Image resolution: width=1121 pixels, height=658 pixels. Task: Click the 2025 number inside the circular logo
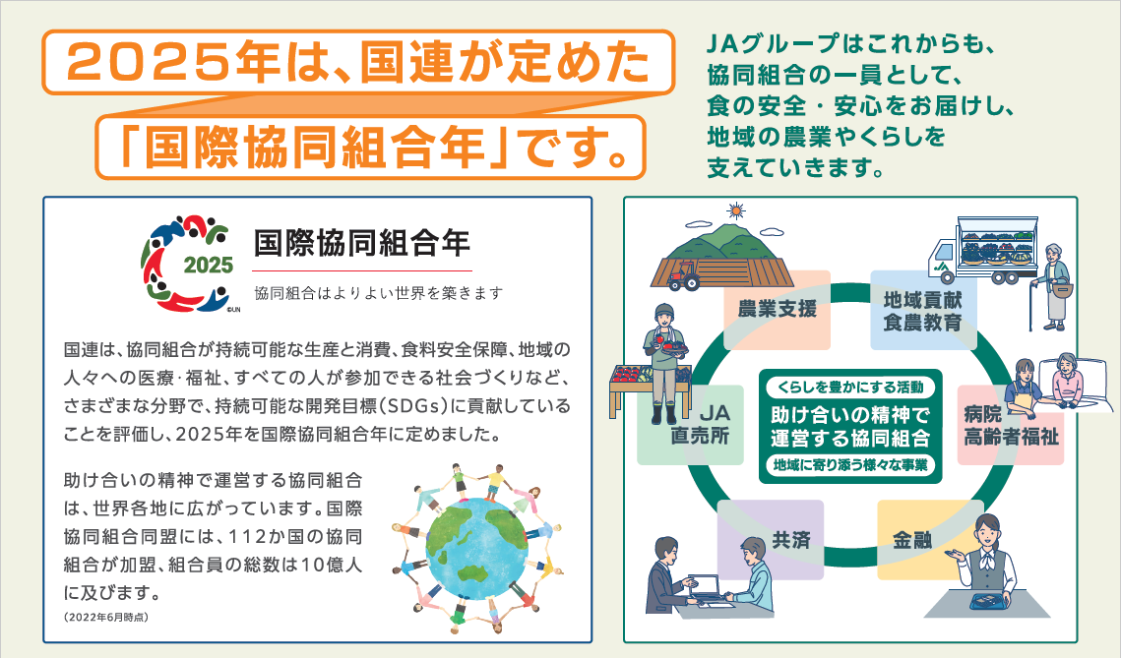pos(209,265)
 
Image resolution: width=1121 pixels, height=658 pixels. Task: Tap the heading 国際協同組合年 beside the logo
pos(362,243)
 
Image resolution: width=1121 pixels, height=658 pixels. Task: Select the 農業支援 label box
pos(778,310)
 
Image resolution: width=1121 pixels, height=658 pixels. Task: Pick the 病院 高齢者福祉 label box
pos(1011,425)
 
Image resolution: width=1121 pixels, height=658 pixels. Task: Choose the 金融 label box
pos(912,539)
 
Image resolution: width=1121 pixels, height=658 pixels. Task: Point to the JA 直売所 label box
pos(691,425)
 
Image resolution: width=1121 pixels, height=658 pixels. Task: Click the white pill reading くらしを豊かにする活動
pos(850,388)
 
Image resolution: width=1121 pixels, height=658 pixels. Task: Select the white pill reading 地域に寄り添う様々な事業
pos(850,465)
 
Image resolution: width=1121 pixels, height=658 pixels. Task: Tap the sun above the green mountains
pos(735,210)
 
